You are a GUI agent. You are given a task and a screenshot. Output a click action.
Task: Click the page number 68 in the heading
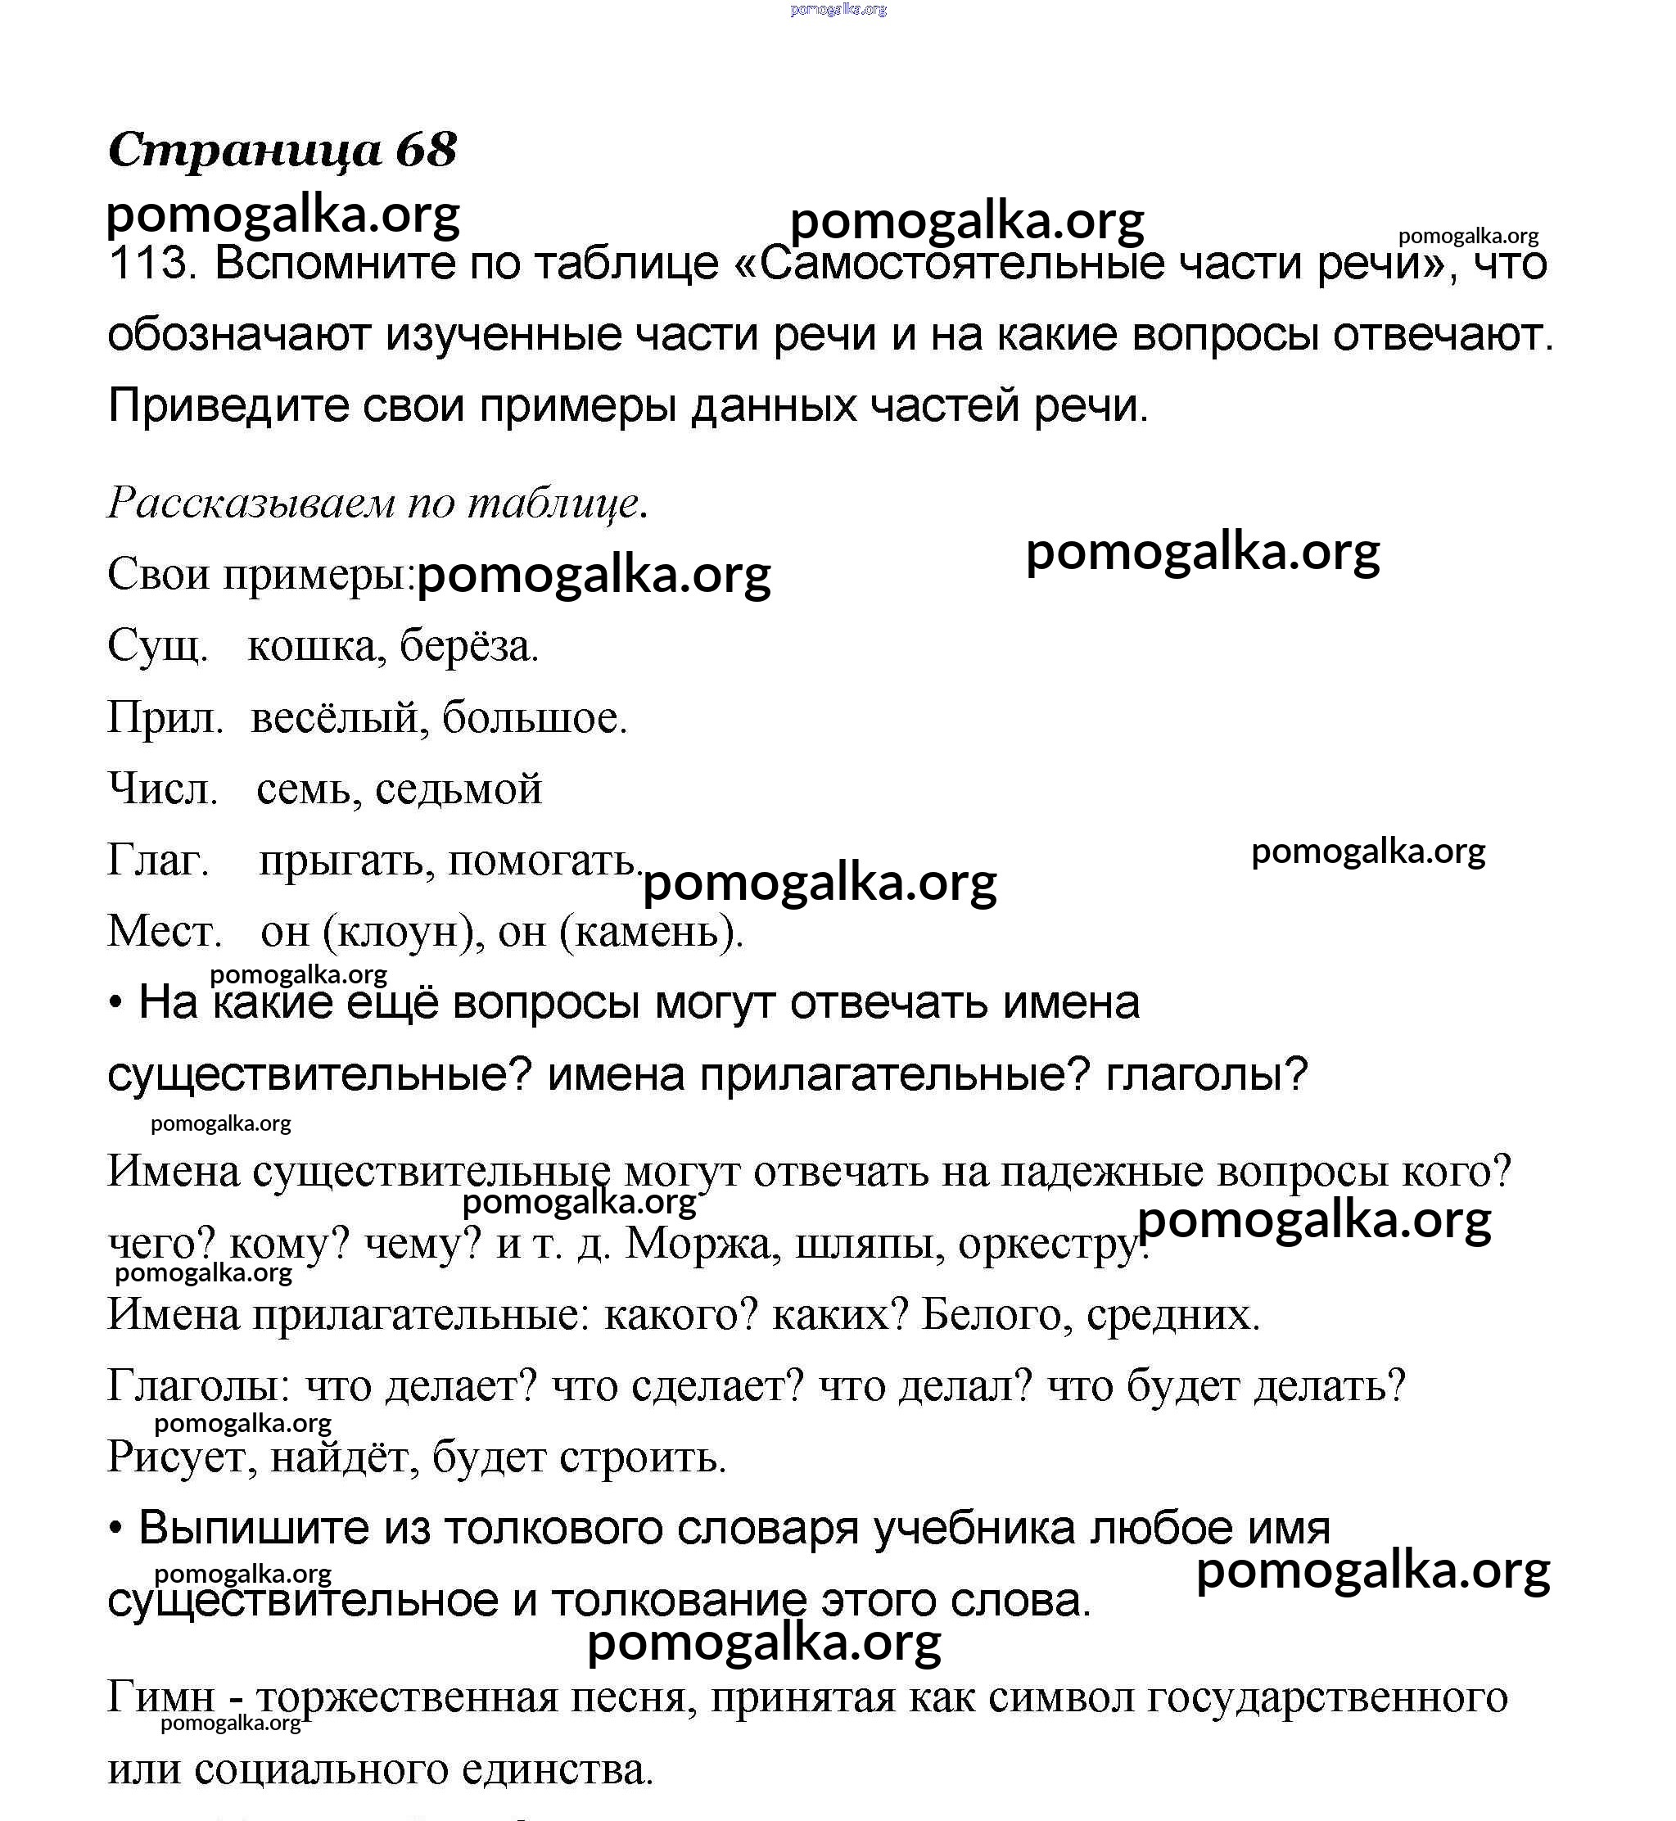coord(427,150)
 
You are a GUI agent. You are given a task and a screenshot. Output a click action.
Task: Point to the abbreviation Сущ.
coord(158,647)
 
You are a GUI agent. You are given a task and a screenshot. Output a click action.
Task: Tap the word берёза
coord(469,647)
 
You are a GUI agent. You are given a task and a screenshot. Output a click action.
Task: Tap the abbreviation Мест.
coord(164,931)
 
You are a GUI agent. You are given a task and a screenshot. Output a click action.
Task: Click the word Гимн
coord(161,1697)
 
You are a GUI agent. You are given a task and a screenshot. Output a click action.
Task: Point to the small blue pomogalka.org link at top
coord(838,9)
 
